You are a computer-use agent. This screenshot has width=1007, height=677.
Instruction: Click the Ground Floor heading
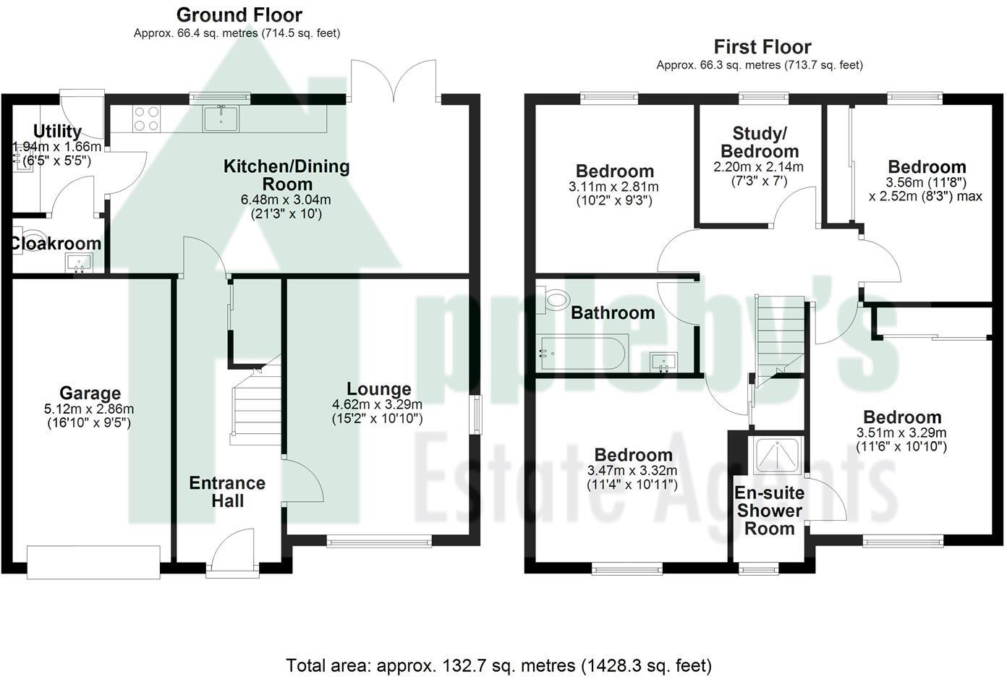239,14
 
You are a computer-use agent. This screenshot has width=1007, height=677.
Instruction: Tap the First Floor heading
762,47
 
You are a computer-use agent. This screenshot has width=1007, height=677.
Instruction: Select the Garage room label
90,393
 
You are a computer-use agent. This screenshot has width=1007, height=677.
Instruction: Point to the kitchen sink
221,118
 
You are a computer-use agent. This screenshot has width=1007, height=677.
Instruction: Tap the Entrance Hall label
227,492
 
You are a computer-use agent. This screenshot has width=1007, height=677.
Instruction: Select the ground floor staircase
255,405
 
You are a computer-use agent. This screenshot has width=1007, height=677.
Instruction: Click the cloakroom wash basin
78,262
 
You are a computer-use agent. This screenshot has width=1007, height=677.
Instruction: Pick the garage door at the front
93,561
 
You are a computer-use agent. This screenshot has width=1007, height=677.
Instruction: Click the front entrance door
233,555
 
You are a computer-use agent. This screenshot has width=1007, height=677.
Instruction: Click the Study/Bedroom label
760,142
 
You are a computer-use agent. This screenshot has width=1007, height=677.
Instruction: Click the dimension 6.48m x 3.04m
286,200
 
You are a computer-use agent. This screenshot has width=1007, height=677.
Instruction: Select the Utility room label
58,132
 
